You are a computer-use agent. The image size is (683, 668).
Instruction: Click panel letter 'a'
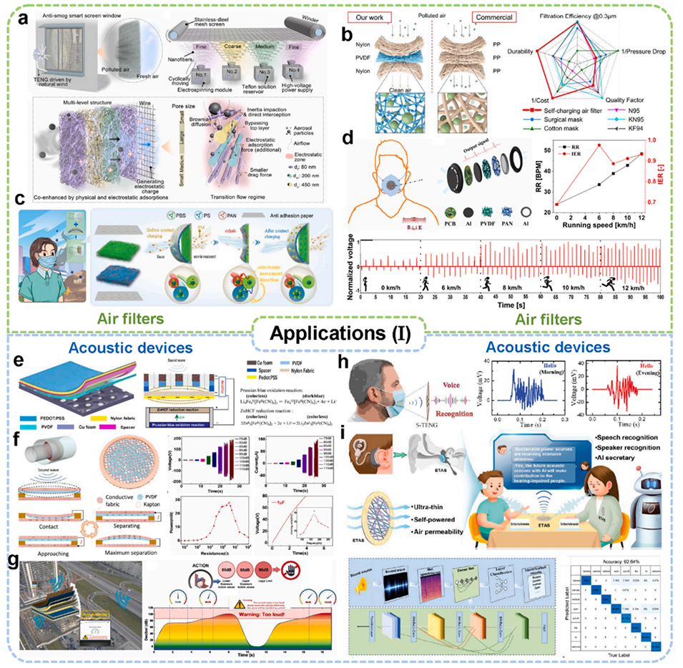(23, 20)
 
